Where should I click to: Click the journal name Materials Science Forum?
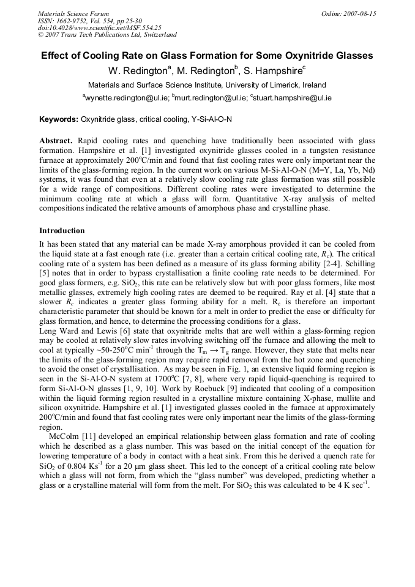tap(73, 13)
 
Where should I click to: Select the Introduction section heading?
tap(62, 231)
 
